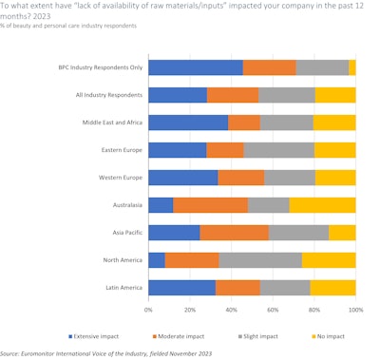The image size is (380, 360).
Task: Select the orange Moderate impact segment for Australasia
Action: (210, 205)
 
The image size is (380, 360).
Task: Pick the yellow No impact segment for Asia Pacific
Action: (342, 233)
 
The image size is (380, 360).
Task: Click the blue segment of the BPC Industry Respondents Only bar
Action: (196, 67)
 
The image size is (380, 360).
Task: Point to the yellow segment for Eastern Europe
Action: (335, 150)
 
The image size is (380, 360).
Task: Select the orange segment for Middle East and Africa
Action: (244, 123)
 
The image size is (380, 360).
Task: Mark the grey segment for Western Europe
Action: (290, 178)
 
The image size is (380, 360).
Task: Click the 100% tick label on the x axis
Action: (354, 309)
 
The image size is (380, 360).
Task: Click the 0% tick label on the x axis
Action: (149, 309)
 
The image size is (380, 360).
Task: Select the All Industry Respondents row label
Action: (109, 95)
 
